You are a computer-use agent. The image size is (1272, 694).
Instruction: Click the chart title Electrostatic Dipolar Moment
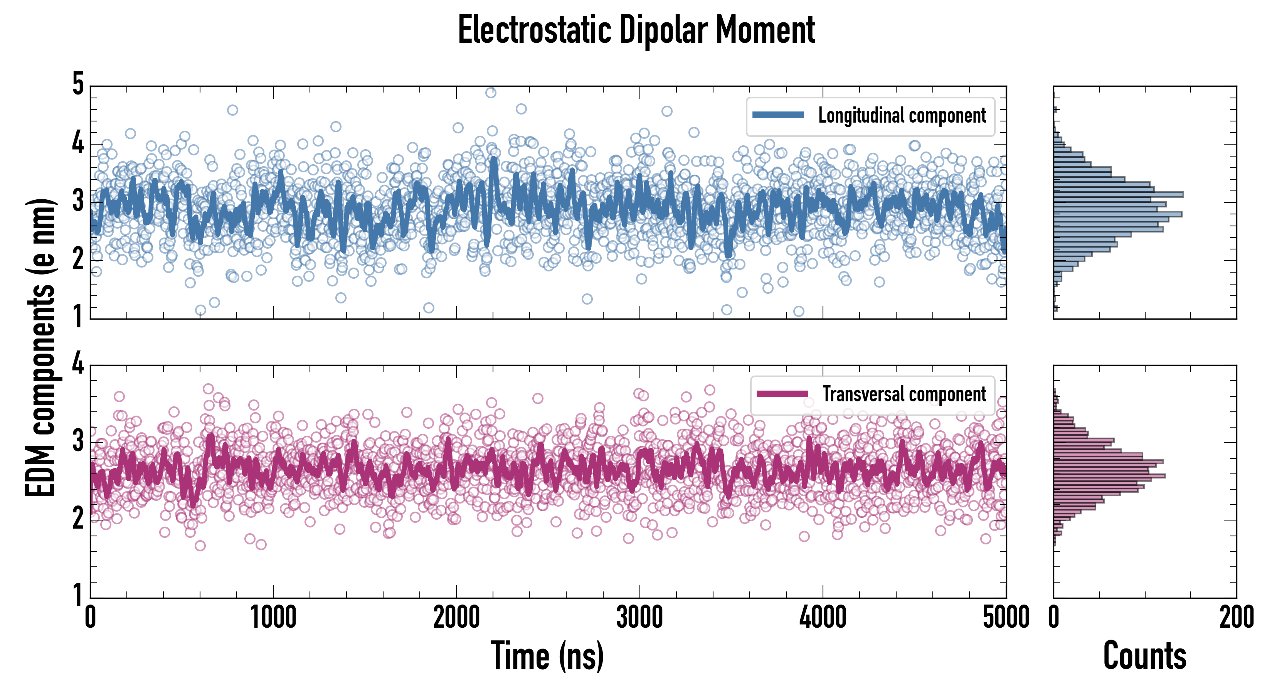[x=636, y=30]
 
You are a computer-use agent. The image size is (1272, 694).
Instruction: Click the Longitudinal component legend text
[x=902, y=116]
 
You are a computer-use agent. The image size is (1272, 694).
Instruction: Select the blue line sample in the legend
[x=778, y=115]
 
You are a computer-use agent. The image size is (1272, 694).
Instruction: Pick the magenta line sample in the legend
[x=782, y=394]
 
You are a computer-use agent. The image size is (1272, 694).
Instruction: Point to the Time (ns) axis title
[x=547, y=656]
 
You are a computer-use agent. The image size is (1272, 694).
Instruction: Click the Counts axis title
[x=1144, y=656]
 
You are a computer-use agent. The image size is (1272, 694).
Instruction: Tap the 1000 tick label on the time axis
[x=273, y=617]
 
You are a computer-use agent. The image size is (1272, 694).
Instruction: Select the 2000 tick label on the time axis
[x=456, y=617]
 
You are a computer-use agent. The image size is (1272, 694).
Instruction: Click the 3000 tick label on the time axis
[x=639, y=617]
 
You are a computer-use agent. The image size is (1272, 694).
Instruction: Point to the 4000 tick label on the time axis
[x=823, y=617]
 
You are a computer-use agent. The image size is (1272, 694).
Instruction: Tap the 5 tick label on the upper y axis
[x=78, y=84]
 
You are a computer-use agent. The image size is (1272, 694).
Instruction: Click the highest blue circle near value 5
[x=490, y=93]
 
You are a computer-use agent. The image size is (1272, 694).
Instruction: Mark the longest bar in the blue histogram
[x=1119, y=194]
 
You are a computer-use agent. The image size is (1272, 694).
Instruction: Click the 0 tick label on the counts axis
[x=1054, y=617]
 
